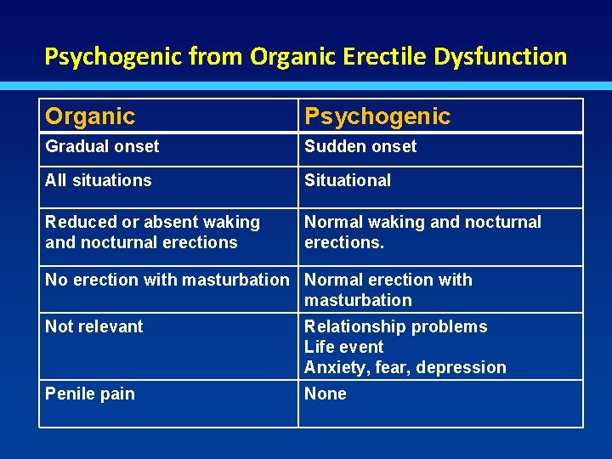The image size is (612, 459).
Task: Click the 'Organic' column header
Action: click(x=90, y=116)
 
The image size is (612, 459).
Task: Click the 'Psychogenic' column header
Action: click(x=377, y=116)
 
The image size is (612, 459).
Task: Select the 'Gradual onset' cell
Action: click(x=102, y=146)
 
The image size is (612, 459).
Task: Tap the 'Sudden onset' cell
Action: click(x=360, y=146)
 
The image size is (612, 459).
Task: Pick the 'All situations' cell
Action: click(x=99, y=180)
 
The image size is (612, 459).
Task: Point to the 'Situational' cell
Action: click(x=348, y=180)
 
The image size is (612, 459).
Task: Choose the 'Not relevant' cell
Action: click(x=94, y=326)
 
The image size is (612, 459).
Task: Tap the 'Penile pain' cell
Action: click(x=90, y=394)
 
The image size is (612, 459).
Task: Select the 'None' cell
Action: click(x=326, y=394)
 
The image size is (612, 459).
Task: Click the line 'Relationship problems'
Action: click(x=396, y=326)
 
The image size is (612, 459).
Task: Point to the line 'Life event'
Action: click(x=344, y=347)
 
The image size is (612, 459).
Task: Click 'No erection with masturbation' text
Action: click(x=167, y=280)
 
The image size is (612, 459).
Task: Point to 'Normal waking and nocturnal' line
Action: click(x=422, y=222)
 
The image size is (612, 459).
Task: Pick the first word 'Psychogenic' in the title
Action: click(x=113, y=57)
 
